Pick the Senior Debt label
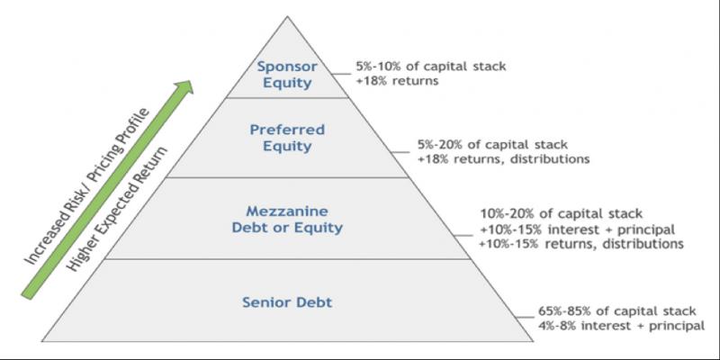tap(288, 302)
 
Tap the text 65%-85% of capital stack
tap(611, 310)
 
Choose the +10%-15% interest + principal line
tap(576, 229)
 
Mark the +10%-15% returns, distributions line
tap(580, 244)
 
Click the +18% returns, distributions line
tap(503, 158)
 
